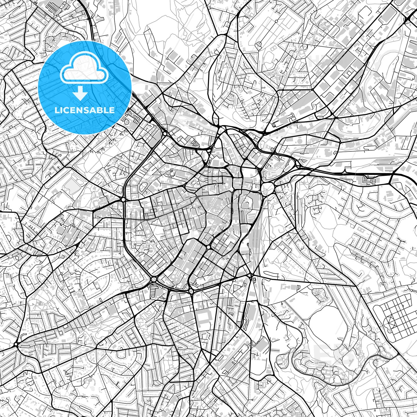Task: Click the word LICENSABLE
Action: tap(85, 110)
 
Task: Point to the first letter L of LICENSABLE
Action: tap(56, 110)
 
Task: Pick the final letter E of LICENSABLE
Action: tap(112, 110)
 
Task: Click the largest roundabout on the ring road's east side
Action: tap(268, 188)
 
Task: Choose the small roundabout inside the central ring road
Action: tap(209, 247)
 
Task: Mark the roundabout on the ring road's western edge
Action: tap(124, 200)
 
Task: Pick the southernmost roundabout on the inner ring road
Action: tap(191, 291)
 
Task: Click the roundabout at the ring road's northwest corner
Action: tap(164, 134)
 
